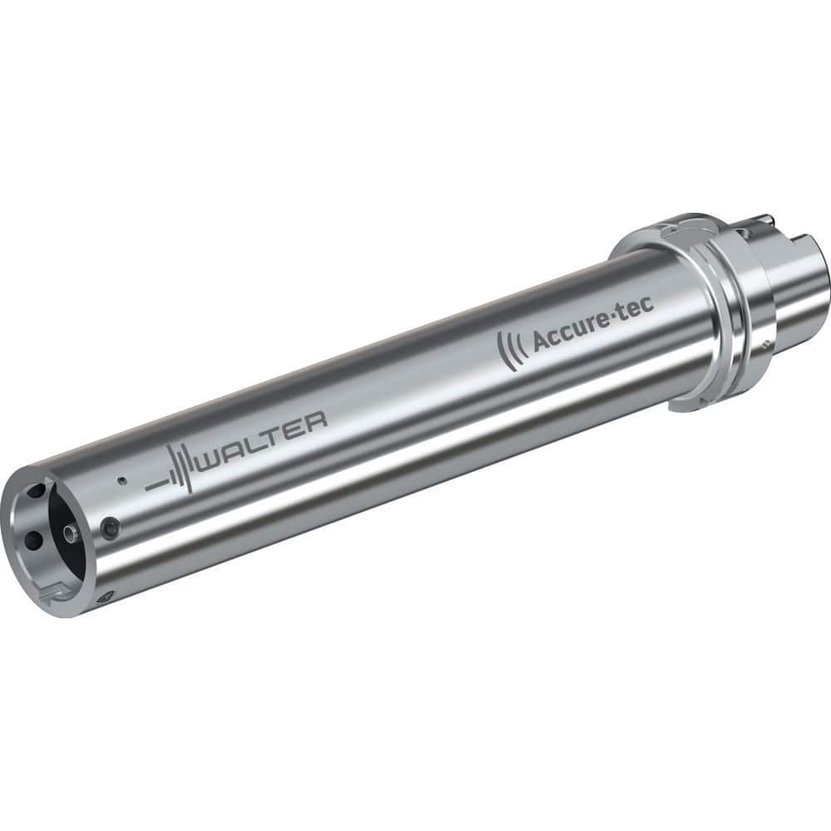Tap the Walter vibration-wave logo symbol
pyautogui.click(x=170, y=472)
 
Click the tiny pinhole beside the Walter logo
pyautogui.click(x=121, y=480)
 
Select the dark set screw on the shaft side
pyautogui.click(x=111, y=527)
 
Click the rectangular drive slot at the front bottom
pyautogui.click(x=52, y=592)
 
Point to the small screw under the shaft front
pyautogui.click(x=106, y=596)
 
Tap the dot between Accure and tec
pyautogui.click(x=615, y=315)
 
